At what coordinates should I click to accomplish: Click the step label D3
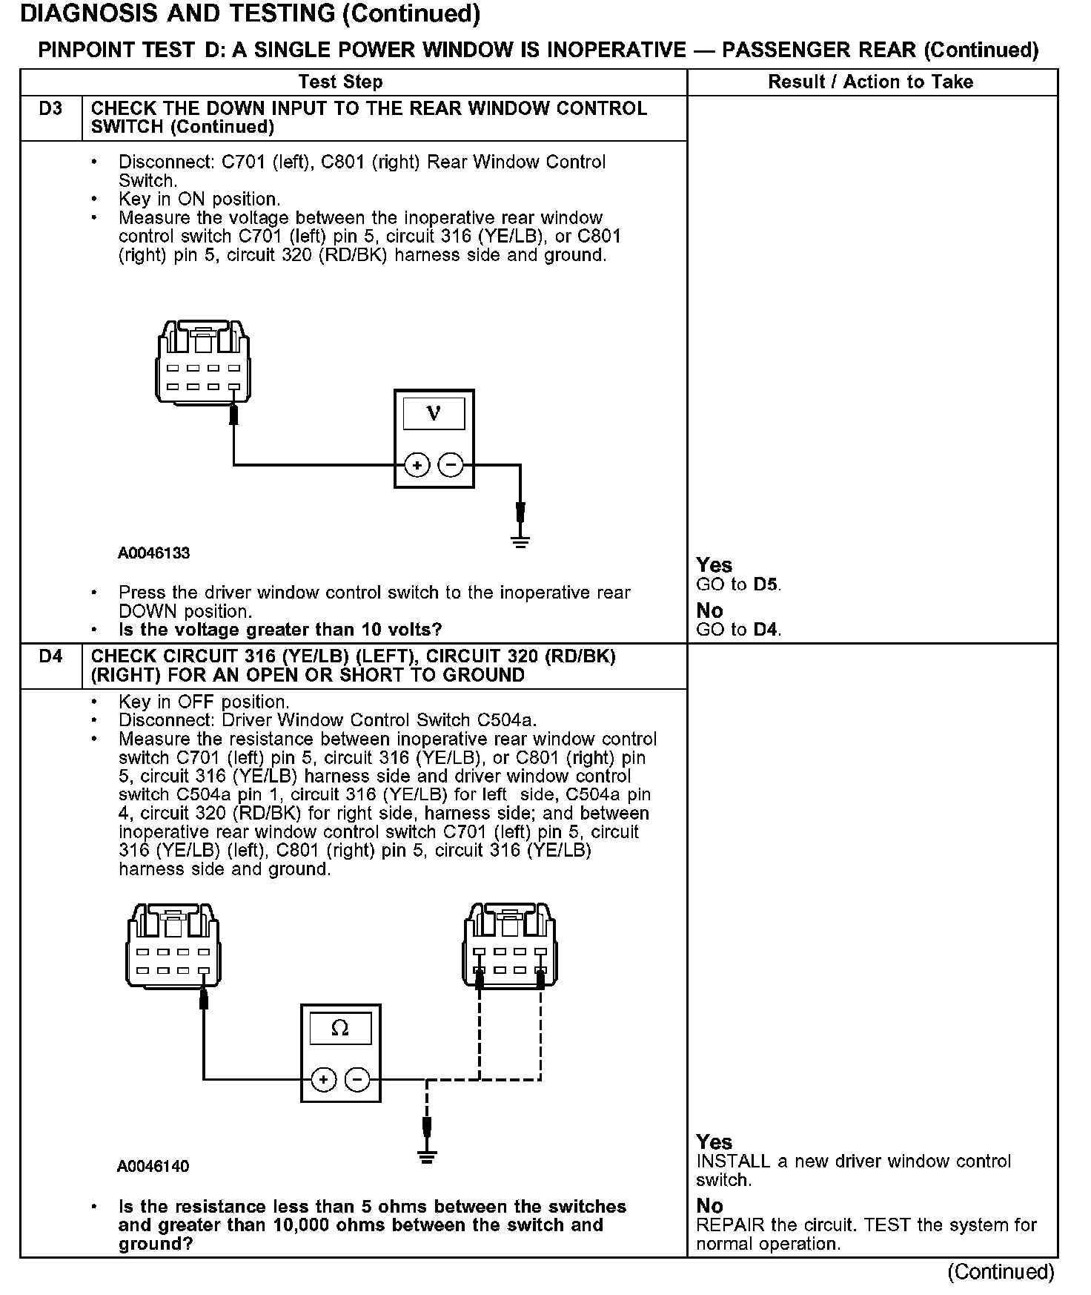(50, 109)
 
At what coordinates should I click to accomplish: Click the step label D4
(50, 656)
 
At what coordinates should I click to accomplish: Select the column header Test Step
(340, 82)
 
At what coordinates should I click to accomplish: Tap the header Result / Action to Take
(870, 82)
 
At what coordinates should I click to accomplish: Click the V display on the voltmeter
(434, 414)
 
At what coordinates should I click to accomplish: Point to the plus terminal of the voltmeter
(417, 465)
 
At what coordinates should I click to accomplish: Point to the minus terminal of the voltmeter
(451, 465)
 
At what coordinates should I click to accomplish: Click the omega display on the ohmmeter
(340, 1028)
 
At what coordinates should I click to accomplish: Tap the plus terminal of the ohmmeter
(324, 1079)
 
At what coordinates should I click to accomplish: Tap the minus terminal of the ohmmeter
(357, 1079)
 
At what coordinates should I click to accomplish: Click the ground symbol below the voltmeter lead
(520, 541)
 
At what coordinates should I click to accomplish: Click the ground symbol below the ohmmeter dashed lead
(426, 1157)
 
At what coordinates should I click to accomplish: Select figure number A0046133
(153, 553)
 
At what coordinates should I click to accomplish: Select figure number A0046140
(153, 1167)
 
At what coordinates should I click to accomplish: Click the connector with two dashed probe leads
(510, 945)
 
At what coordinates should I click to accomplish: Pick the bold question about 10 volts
(280, 630)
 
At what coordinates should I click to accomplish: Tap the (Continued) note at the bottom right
(1001, 1272)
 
